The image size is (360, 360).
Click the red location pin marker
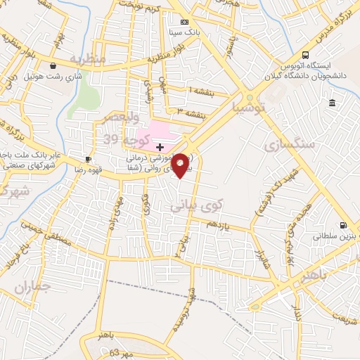pyautogui.click(x=181, y=164)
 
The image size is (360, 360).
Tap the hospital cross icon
pyautogui.click(x=160, y=147)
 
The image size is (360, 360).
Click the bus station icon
pyautogui.click(x=305, y=55)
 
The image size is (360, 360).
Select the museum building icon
pyautogui.click(x=331, y=103)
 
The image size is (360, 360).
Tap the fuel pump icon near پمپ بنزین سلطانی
pyautogui.click(x=342, y=226)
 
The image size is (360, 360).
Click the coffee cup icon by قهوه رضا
pyautogui.click(x=88, y=160)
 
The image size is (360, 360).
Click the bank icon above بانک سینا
pyautogui.click(x=184, y=22)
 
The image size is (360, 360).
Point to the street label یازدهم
pyautogui.click(x=218, y=224)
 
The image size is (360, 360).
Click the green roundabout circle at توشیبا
pyautogui.click(x=249, y=98)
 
